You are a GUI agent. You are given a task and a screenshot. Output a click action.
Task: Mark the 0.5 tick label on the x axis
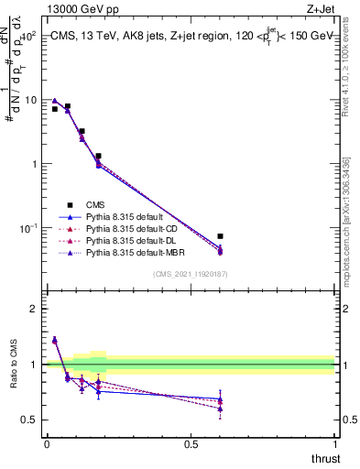[x=191, y=444]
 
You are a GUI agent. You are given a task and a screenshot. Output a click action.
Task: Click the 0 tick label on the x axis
[x=46, y=444]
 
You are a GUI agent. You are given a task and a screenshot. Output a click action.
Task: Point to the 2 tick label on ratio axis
[x=33, y=309]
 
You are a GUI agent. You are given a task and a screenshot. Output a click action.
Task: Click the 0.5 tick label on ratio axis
[x=29, y=420]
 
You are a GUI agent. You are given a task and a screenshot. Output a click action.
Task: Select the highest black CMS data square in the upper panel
[x=68, y=106]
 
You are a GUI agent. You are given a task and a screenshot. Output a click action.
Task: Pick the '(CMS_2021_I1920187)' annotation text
[x=190, y=274]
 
